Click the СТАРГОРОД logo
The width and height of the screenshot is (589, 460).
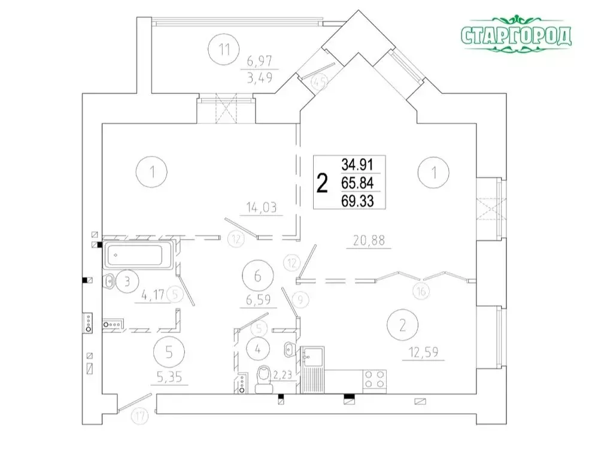point(516,36)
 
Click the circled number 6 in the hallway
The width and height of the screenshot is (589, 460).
point(258,276)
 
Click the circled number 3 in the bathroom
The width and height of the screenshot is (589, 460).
point(127,281)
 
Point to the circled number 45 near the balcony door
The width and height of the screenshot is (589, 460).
point(320,81)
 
